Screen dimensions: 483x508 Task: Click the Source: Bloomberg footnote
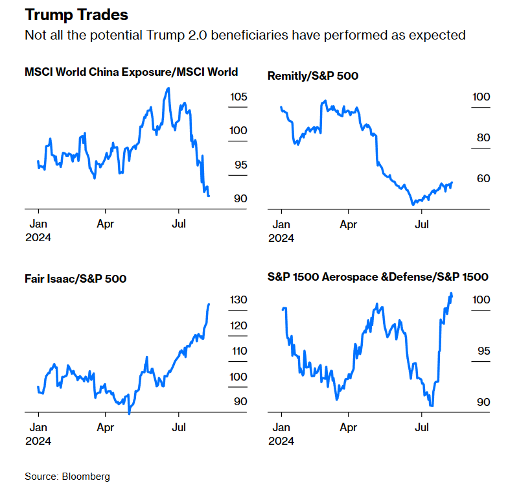(x=67, y=476)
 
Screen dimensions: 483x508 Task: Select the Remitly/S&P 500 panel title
(x=312, y=76)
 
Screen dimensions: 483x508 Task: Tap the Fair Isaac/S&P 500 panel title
(x=75, y=279)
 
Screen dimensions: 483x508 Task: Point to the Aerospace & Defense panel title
(x=378, y=277)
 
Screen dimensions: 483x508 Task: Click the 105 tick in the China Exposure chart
(x=238, y=97)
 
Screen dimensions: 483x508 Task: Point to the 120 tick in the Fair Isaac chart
(x=238, y=325)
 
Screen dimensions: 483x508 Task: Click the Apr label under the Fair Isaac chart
(x=105, y=427)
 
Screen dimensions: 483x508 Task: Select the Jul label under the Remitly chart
(x=422, y=225)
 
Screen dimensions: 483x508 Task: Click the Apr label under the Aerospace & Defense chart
(x=348, y=427)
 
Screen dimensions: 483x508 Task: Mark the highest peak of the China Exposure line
(x=168, y=88)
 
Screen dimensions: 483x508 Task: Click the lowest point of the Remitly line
(x=412, y=204)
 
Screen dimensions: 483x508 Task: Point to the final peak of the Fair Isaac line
(x=209, y=303)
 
